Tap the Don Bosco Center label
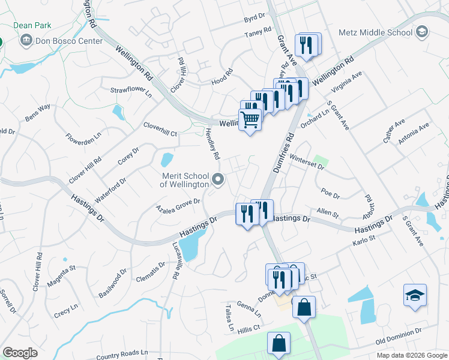pyautogui.click(x=70, y=41)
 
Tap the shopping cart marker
pyautogui.click(x=250, y=119)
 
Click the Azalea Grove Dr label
pyautogui.click(x=178, y=206)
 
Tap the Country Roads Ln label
pyautogui.click(x=121, y=354)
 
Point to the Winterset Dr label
pyautogui.click(x=306, y=163)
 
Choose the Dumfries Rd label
pyautogui.click(x=285, y=153)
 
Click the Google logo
pyautogui.click(x=20, y=353)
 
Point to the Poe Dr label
pyautogui.click(x=331, y=194)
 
